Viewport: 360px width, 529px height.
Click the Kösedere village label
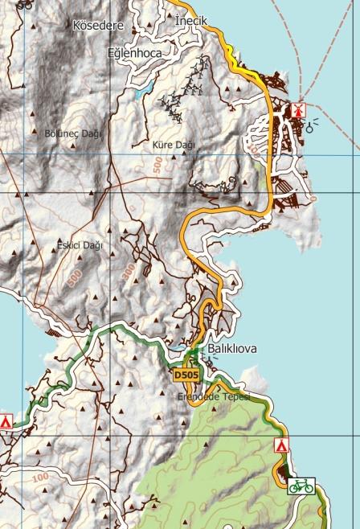pyautogui.click(x=98, y=26)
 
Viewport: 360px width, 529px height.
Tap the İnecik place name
pyautogui.click(x=191, y=20)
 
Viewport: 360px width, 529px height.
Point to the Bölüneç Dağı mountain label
pyautogui.click(x=74, y=133)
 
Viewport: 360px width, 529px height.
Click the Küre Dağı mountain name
pyautogui.click(x=174, y=145)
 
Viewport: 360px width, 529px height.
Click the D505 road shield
pyautogui.click(x=186, y=375)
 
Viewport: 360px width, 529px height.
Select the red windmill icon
pyautogui.click(x=297, y=109)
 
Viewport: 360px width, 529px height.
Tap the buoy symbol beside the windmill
pyautogui.click(x=310, y=125)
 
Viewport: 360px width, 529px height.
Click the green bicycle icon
pyautogui.click(x=301, y=486)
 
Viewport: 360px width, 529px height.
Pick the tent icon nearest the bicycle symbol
pyautogui.click(x=281, y=445)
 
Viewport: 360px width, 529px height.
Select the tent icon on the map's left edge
pyautogui.click(x=6, y=420)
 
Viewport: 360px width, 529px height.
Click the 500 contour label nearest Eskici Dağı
pyautogui.click(x=76, y=277)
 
